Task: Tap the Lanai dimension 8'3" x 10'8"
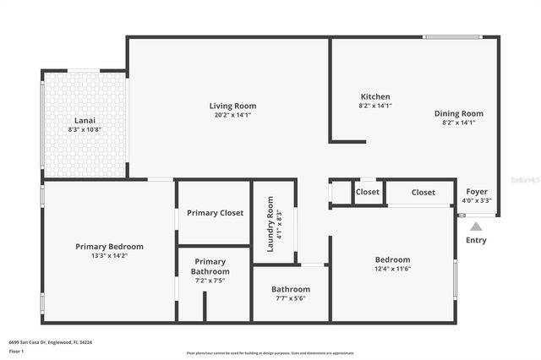pos(85,129)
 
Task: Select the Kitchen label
pos(375,96)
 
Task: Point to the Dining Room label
pos(459,113)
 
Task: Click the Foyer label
pos(477,192)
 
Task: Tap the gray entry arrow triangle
pos(477,226)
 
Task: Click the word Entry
pos(477,241)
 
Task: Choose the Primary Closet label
pos(215,213)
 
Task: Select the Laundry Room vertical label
pos(270,224)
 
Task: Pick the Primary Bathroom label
pos(210,266)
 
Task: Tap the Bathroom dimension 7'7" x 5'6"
pos(291,298)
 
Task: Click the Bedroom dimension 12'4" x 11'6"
pos(392,269)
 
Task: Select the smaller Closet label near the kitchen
pos(368,192)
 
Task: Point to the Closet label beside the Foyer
pos(424,192)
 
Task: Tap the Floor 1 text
pos(17,351)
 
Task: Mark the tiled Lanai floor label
pos(85,120)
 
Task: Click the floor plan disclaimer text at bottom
pos(270,353)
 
